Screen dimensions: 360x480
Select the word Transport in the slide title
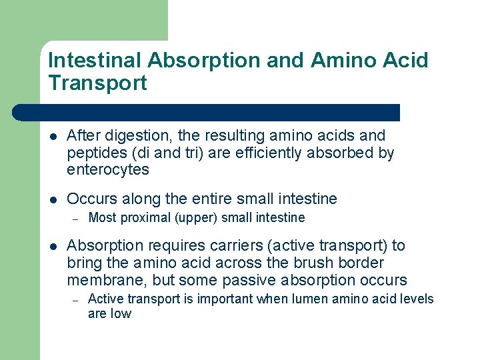coord(97,84)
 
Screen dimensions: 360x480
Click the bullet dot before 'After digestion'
coord(53,136)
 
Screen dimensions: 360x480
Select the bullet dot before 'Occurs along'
coord(53,199)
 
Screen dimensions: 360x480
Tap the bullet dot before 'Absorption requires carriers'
coord(53,246)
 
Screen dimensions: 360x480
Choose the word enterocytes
coord(108,170)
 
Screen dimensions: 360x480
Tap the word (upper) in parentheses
coord(195,218)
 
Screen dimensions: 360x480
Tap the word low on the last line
coord(121,314)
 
